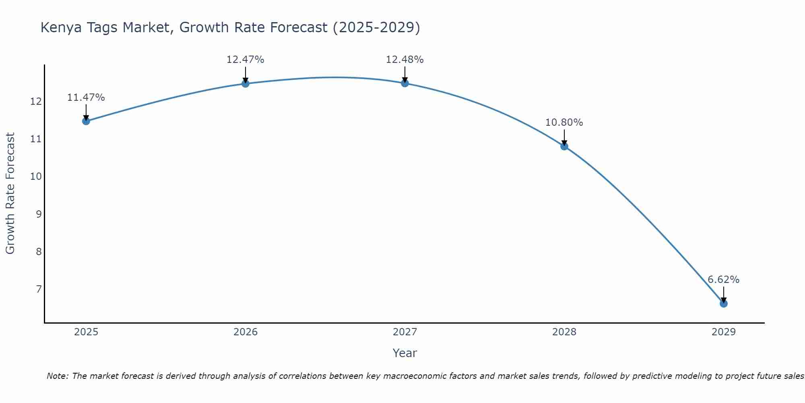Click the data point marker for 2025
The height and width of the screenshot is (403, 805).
86,121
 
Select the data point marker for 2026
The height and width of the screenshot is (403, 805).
245,83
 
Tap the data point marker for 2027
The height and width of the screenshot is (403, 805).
405,83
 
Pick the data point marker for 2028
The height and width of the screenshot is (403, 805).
564,146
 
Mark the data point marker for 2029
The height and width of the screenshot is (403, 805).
723,303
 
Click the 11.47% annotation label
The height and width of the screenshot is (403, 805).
86,98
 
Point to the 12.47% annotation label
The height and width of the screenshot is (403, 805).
245,60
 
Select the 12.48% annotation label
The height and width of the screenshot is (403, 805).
405,60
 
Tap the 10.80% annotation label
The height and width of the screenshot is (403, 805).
564,123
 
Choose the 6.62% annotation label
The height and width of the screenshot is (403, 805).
723,280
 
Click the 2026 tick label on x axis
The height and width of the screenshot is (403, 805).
246,332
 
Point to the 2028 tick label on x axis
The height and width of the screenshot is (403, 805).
564,332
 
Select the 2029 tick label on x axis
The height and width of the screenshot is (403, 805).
723,332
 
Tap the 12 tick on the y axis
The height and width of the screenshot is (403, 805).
36,101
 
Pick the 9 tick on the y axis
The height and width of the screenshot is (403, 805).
39,214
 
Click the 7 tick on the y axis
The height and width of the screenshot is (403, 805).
39,289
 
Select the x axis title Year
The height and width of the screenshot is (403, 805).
405,353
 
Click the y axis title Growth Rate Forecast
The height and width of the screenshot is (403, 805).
10,193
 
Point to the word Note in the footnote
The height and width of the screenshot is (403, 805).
58,376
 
